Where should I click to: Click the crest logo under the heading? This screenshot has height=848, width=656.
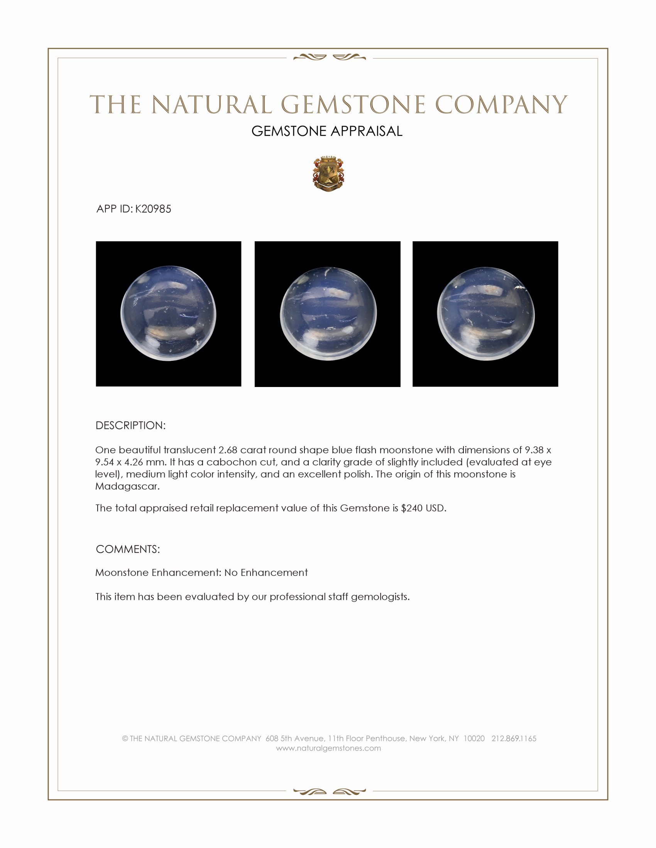pos(328,175)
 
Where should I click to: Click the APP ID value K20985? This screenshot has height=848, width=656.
pos(153,209)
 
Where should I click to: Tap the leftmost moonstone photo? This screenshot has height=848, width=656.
pos(168,314)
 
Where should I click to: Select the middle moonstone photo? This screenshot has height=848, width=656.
pos(327,314)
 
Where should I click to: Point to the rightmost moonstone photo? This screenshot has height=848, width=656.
pos(485,314)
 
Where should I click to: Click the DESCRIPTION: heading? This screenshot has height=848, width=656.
pos(130,426)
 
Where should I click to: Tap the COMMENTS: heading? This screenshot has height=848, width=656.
pos(127,549)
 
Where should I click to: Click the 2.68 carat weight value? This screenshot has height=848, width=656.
pos(228,450)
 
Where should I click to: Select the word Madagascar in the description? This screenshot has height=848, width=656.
pos(127,486)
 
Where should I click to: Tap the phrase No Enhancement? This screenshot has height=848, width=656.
pos(266,573)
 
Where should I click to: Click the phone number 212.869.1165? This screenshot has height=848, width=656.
pos(514,739)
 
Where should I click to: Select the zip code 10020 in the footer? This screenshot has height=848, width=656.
pos(474,739)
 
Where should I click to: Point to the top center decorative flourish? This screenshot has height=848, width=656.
pos(329,57)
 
